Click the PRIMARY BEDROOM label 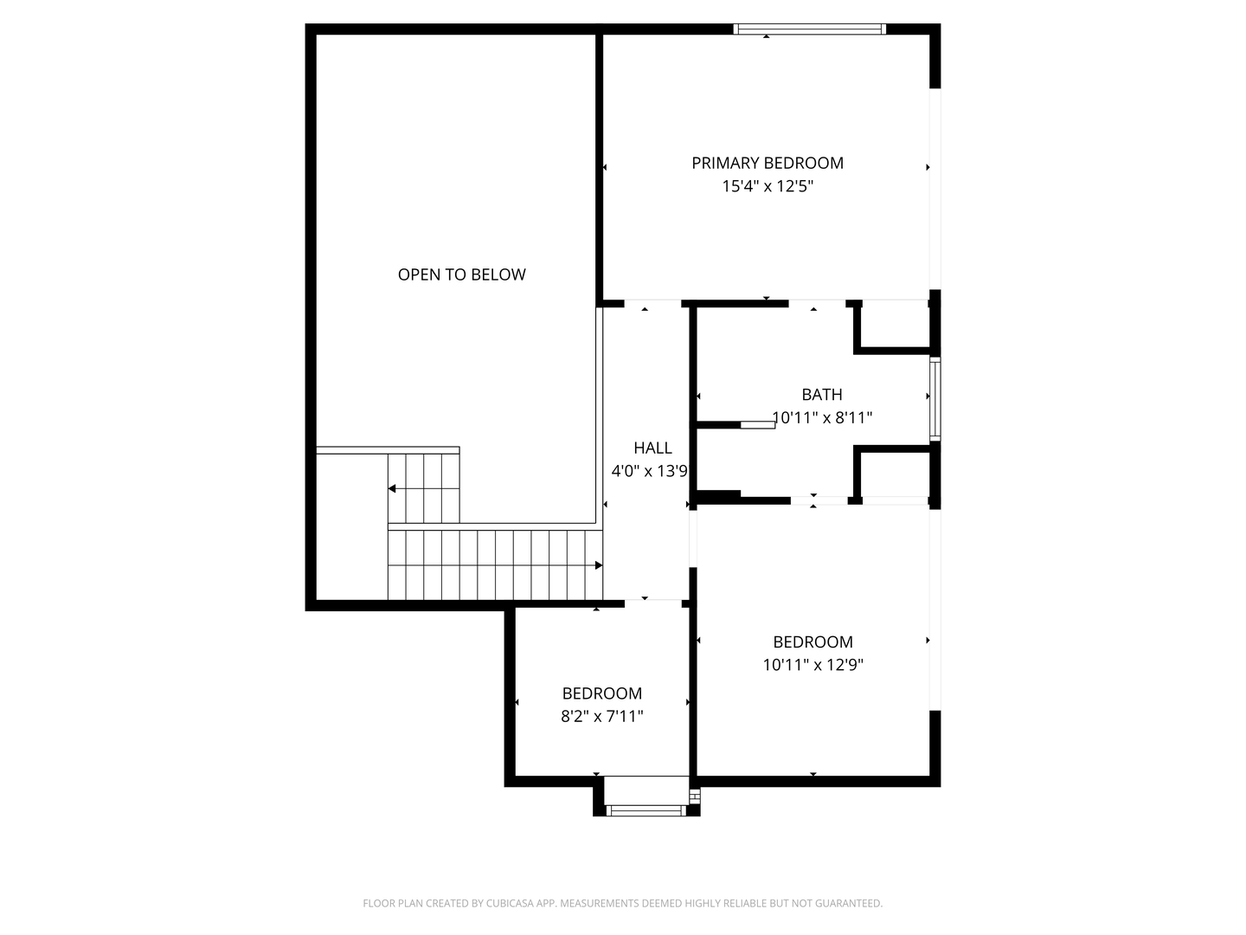point(767,163)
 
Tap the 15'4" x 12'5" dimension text point(767,186)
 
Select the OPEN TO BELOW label point(461,274)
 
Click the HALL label point(652,448)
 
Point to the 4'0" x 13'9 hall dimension point(649,471)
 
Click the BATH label point(821,395)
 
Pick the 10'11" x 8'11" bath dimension point(822,417)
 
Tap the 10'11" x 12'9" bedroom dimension point(812,665)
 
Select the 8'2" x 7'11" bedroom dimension point(601,716)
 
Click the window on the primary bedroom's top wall point(809,29)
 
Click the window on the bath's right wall point(934,399)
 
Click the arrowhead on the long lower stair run point(598,565)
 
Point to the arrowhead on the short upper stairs point(392,488)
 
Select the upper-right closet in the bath point(895,325)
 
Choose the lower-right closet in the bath point(895,474)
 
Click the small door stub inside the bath point(757,425)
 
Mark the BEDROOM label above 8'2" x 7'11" point(601,693)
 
